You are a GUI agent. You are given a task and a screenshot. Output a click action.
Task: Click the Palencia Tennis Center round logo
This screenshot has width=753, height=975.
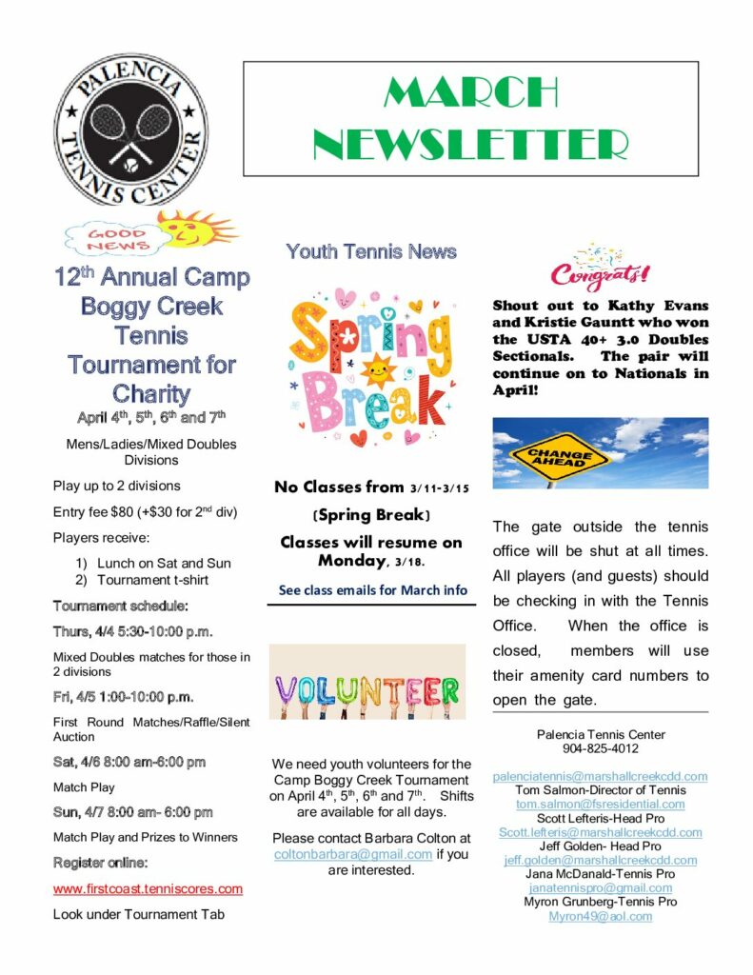click(129, 131)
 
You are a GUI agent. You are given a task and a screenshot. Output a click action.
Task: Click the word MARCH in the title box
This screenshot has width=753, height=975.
click(470, 92)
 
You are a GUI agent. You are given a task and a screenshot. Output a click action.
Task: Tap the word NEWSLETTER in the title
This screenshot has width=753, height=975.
click(470, 145)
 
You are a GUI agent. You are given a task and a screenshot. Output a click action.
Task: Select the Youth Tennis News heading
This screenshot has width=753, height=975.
click(371, 252)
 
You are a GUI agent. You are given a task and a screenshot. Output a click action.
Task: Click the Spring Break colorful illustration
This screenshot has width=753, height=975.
click(371, 366)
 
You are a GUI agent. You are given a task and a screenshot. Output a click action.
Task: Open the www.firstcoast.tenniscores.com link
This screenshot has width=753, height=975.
click(148, 889)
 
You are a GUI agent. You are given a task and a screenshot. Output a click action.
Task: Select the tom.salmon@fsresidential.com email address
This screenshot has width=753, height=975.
click(600, 804)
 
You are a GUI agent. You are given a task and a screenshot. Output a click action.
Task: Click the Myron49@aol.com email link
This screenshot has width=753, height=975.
click(600, 916)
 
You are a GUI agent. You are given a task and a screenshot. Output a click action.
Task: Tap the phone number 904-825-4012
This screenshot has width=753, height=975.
click(600, 748)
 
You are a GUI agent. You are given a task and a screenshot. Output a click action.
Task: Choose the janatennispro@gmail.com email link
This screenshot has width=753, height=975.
click(600, 888)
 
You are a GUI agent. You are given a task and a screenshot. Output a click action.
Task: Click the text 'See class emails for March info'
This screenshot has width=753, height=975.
click(373, 590)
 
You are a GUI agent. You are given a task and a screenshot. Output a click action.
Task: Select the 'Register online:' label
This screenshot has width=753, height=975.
click(100, 863)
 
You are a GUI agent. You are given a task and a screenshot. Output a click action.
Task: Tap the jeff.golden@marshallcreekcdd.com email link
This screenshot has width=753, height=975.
click(600, 860)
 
